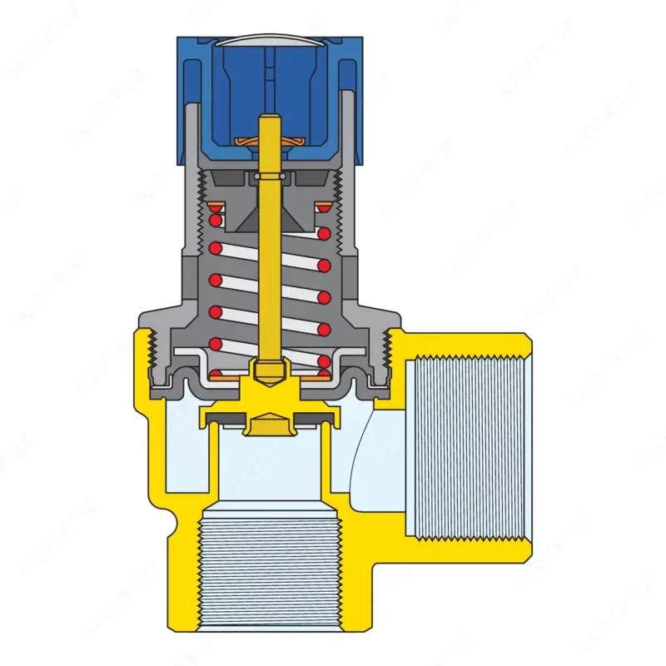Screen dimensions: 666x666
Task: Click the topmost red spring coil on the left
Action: coord(216,221)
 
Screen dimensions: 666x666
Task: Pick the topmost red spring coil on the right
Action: coord(323,234)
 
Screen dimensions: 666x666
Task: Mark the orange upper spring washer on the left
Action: coord(216,206)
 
